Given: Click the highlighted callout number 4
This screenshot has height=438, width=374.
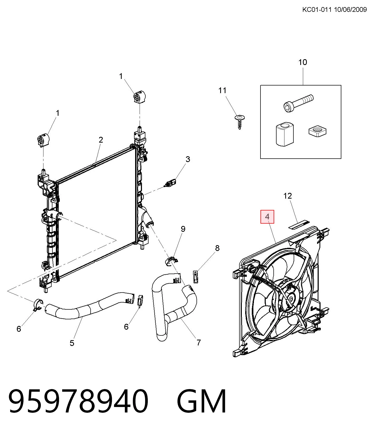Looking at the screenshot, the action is [267, 217].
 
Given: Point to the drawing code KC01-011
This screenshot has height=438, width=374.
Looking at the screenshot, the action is [317, 10].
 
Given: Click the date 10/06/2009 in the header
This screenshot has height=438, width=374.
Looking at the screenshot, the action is [350, 10].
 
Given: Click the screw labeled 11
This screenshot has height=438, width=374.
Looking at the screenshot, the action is [240, 122].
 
